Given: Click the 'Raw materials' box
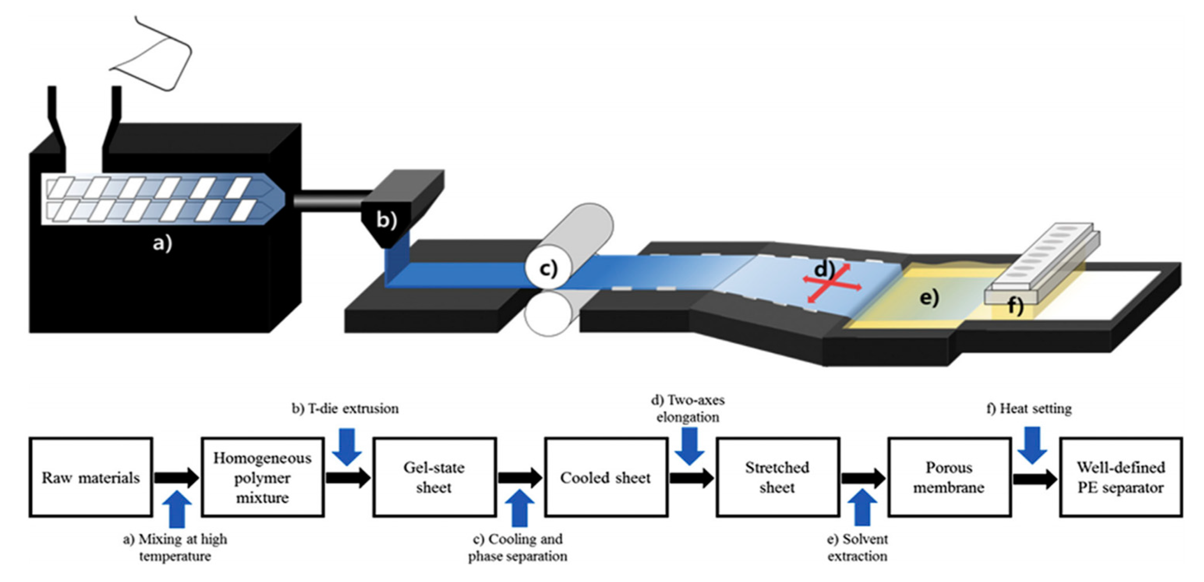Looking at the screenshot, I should pyautogui.click(x=91, y=477).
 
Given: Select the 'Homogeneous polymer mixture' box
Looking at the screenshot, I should pyautogui.click(x=263, y=477).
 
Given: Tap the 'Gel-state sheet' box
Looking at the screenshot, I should pyautogui.click(x=434, y=477).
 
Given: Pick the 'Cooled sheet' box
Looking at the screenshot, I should pyautogui.click(x=606, y=477).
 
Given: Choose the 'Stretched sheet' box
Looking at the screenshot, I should pyautogui.click(x=777, y=477).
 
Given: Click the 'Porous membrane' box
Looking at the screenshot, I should pyautogui.click(x=949, y=477).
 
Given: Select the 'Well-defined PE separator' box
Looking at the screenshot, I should pyautogui.click(x=1121, y=477).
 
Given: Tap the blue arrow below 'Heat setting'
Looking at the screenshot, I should pyautogui.click(x=1032, y=444).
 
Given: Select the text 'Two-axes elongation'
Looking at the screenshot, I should pyautogui.click(x=688, y=409).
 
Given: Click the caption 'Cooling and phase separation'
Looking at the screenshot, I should pyautogui.click(x=518, y=547).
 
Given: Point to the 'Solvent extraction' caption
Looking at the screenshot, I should pyautogui.click(x=857, y=547).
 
